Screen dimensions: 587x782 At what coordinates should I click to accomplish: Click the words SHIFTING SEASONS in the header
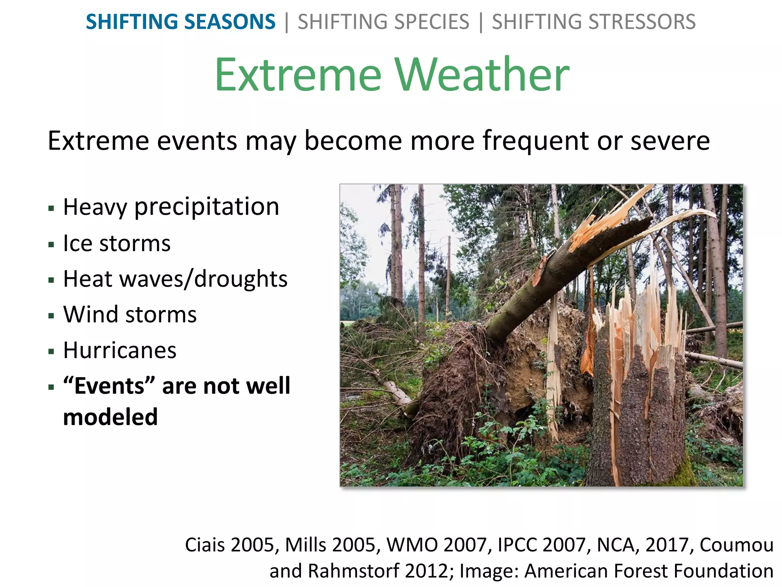tap(180, 22)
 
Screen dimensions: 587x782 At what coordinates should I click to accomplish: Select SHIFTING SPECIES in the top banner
tap(383, 22)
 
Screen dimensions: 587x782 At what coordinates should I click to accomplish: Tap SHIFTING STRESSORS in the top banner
tap(593, 22)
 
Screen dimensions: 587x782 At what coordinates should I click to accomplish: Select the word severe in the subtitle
tap(670, 141)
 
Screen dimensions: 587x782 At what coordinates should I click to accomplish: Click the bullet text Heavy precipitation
tap(171, 207)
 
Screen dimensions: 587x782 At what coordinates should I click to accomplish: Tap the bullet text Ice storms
tap(117, 243)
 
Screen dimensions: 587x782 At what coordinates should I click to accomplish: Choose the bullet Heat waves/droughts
tap(175, 279)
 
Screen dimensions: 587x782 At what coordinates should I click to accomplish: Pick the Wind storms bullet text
tap(130, 315)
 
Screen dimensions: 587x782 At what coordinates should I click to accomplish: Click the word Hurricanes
tap(120, 350)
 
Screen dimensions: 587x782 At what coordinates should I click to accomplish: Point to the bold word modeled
tap(110, 417)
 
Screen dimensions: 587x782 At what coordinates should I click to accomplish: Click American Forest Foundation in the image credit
tap(649, 571)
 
